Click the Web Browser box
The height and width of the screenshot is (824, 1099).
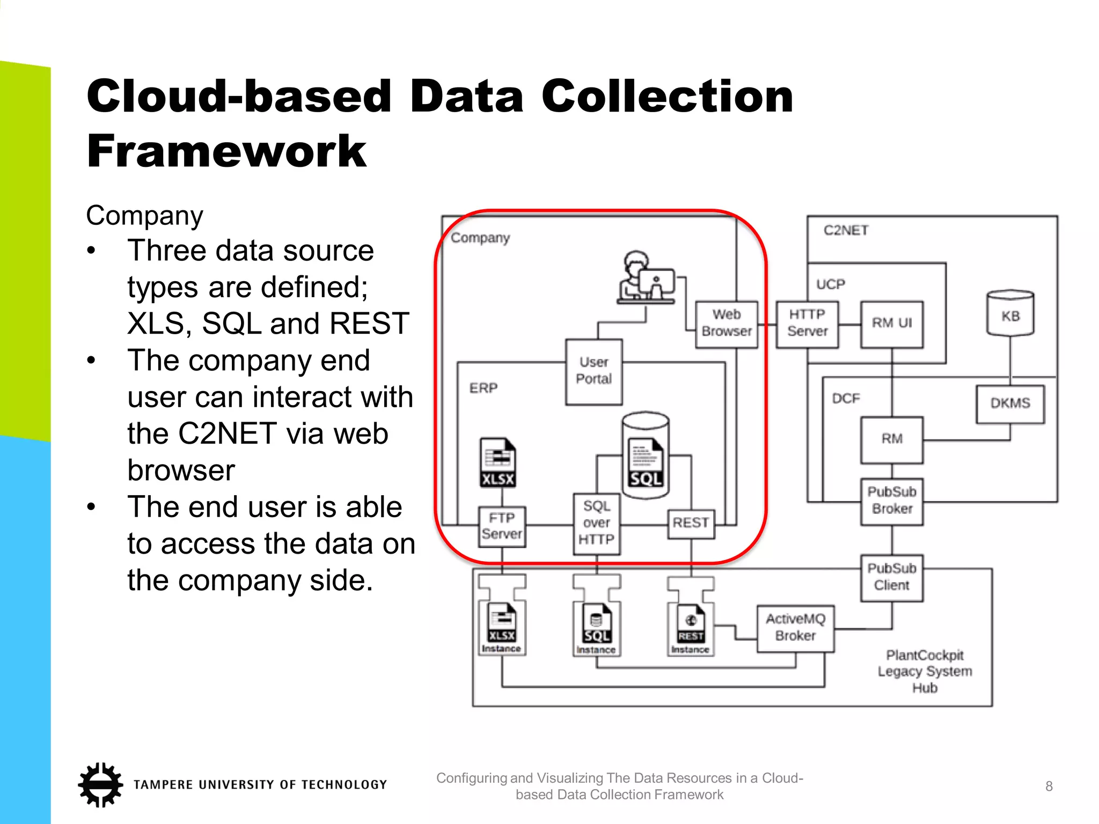click(727, 323)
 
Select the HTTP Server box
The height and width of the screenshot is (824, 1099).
click(807, 323)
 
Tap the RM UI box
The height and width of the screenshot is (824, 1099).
click(892, 323)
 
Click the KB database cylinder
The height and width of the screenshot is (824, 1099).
click(1010, 314)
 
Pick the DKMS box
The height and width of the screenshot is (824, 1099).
click(1010, 403)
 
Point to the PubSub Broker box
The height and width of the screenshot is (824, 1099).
click(892, 501)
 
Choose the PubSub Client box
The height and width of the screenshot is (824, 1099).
click(892, 577)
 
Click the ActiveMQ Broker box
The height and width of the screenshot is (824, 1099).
click(795, 628)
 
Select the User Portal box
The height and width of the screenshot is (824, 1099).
click(594, 371)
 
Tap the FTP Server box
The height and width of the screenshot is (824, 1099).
click(502, 526)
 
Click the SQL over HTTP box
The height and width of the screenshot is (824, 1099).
click(596, 523)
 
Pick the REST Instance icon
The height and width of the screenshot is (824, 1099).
click(691, 628)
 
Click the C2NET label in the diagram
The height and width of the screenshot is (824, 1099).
click(846, 231)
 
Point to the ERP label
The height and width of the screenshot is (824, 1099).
click(483, 388)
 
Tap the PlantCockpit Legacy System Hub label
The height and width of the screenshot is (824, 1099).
click(925, 671)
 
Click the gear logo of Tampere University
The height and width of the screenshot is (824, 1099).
click(100, 784)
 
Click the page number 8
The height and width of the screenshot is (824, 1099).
click(1049, 786)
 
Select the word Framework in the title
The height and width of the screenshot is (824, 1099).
click(226, 152)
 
